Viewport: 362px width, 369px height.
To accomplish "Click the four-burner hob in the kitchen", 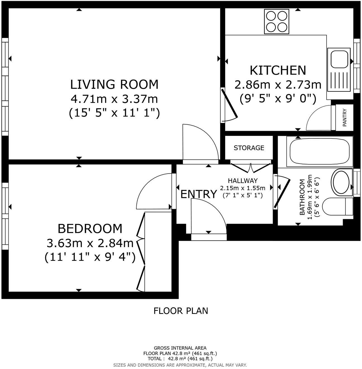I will point(276,22).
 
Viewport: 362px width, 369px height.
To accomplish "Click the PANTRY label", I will point(345,118).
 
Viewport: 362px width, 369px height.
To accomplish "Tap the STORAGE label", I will point(249,148).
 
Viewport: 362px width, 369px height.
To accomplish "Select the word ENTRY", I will point(199,194).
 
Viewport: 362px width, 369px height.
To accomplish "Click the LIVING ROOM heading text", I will point(114,84).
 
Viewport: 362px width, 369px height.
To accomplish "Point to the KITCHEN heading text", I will point(278,70).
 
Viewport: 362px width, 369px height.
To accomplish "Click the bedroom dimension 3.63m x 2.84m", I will point(90,243).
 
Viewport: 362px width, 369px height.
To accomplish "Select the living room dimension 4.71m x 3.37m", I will point(114,99).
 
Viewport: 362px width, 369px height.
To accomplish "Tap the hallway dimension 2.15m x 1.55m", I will point(242,188).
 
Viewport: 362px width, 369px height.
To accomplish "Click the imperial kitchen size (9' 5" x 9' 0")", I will point(278,98).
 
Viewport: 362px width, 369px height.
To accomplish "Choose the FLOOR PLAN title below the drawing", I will point(181,311).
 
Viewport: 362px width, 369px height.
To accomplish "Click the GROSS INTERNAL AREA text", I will point(180,348).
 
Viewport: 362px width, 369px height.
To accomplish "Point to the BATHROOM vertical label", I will point(302,197).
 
